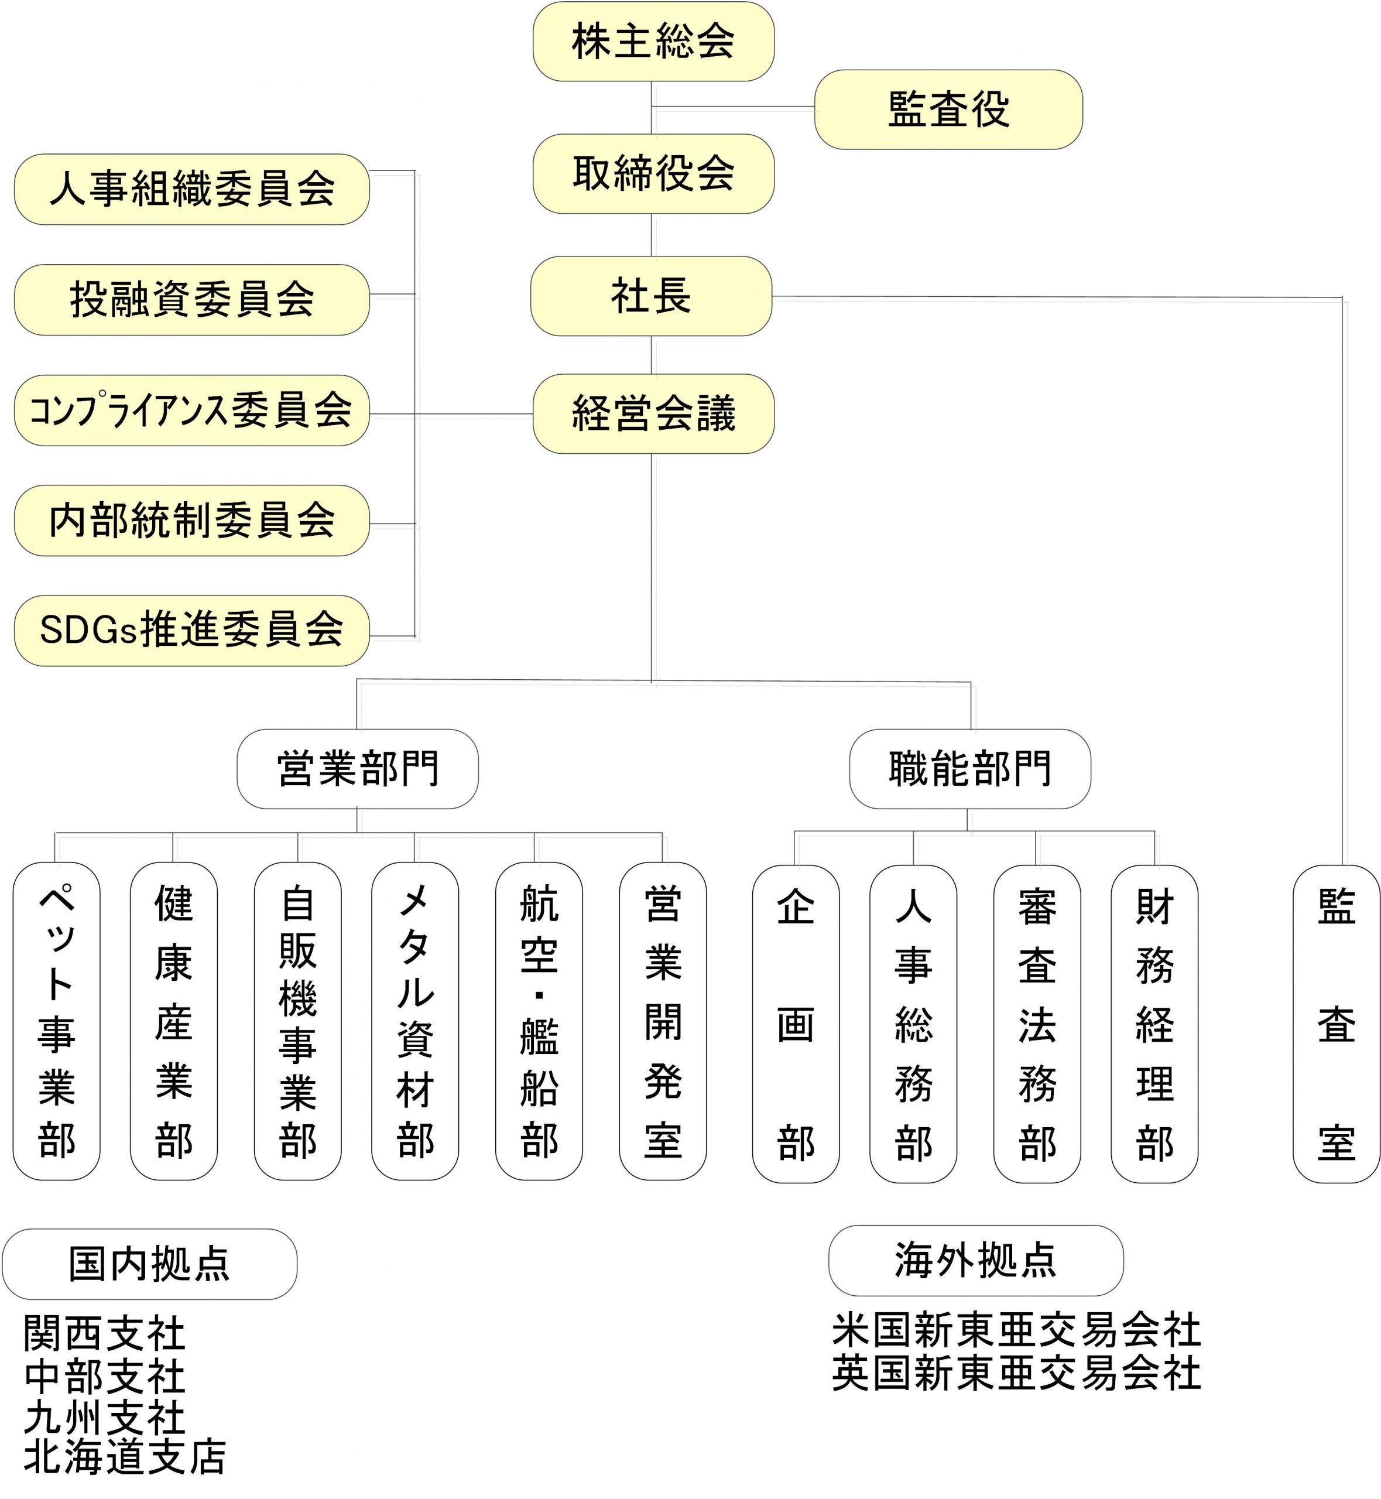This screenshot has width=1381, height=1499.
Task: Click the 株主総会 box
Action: pyautogui.click(x=653, y=41)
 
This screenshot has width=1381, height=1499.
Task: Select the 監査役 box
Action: pyautogui.click(x=948, y=109)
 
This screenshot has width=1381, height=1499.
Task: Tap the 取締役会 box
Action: pyautogui.click(x=653, y=173)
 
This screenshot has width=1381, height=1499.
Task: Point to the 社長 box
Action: pyautogui.click(x=651, y=296)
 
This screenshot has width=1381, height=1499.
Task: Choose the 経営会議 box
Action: pyautogui.click(x=653, y=413)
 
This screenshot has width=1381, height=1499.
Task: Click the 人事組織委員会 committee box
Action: pyautogui.click(x=192, y=189)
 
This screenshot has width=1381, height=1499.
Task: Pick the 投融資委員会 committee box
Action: pyautogui.click(x=192, y=300)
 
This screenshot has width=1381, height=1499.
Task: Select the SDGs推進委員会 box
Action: pyautogui.click(x=192, y=630)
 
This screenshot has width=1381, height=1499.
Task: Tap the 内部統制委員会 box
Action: pyautogui.click(x=192, y=520)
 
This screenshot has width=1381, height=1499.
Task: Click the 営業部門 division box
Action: pyautogui.click(x=357, y=768)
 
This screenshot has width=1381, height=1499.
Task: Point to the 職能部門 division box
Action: pyautogui.click(x=969, y=768)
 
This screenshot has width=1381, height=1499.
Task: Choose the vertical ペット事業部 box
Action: pyautogui.click(x=57, y=1021)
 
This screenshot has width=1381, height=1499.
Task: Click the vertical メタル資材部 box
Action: pyautogui.click(x=414, y=1021)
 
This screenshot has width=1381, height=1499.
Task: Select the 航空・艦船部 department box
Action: pyautogui.click(x=539, y=1021)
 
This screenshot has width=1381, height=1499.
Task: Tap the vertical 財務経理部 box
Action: pyautogui.click(x=1154, y=1024)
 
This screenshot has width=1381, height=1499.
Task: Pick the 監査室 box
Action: pyautogui.click(x=1335, y=1024)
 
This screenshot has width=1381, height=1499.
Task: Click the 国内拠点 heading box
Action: pyautogui.click(x=149, y=1264)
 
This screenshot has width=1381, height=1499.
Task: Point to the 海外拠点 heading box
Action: pyautogui.click(x=975, y=1260)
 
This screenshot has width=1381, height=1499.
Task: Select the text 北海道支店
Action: pyautogui.click(x=125, y=1457)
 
